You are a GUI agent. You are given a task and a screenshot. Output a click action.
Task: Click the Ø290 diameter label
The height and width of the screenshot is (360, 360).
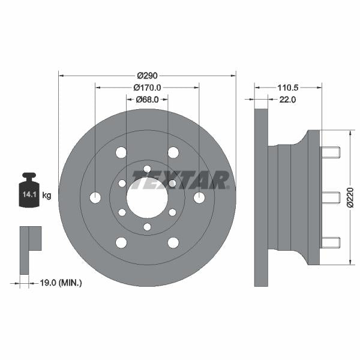pos(147,76)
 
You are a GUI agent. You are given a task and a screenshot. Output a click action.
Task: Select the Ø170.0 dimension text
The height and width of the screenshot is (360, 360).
pos(147,88)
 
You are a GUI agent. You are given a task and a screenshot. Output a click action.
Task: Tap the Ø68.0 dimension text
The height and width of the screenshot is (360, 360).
pos(147,100)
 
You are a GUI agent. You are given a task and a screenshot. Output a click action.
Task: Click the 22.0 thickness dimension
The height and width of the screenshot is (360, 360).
pos(287,100)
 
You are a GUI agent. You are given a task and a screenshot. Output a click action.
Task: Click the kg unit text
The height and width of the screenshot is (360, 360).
pos(47,195)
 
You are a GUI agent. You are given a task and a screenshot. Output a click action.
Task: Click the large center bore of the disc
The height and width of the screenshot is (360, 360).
pos(147,197)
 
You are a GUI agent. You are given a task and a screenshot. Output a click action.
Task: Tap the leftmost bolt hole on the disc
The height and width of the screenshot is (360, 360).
pos(95,197)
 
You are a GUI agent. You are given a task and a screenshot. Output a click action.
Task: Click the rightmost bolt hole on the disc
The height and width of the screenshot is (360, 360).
pos(199,197)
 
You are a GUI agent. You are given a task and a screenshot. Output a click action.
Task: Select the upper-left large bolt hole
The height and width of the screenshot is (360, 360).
pos(121,152)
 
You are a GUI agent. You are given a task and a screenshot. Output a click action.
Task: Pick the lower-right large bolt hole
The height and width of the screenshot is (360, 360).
pos(173,242)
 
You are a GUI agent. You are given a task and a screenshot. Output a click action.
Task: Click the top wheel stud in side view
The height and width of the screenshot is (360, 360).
pos(331,152)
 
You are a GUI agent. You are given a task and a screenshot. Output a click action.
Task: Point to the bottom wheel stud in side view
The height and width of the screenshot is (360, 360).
pos(331,242)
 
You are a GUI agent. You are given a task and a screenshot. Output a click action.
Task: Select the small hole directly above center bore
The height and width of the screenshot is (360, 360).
pos(147,169)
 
